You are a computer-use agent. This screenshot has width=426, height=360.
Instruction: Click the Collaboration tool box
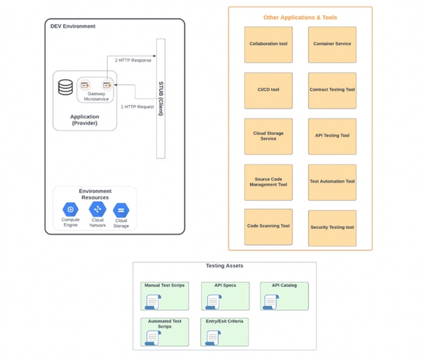click(x=268, y=45)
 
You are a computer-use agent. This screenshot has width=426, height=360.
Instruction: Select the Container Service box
click(x=332, y=45)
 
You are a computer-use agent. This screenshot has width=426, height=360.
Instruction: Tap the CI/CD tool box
click(x=268, y=90)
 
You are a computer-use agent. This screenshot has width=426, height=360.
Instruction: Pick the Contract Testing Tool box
click(x=332, y=90)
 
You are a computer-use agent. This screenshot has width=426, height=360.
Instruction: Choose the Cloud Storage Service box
click(x=268, y=136)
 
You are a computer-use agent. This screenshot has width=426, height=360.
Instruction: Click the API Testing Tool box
click(x=332, y=136)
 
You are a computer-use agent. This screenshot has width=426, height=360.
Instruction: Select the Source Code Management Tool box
click(x=268, y=182)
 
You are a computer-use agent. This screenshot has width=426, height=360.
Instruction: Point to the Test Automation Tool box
click(x=332, y=182)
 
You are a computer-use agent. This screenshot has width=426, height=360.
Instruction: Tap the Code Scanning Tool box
click(x=268, y=227)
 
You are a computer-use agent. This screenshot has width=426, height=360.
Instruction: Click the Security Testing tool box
click(x=332, y=227)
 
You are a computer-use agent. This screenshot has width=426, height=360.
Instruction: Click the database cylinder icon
click(x=66, y=87)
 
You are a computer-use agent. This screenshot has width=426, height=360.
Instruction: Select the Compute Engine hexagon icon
click(x=70, y=210)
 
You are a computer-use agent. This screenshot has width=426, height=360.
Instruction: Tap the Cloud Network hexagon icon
click(x=98, y=210)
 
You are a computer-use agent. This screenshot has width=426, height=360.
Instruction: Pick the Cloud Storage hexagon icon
click(x=122, y=210)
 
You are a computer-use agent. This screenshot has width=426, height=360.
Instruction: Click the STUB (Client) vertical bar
click(x=161, y=97)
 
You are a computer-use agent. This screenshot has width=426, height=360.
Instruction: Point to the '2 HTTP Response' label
click(x=133, y=60)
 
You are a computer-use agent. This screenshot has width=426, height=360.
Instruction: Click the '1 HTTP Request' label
click(x=137, y=107)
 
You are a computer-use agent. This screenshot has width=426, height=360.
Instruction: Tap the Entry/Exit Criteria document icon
click(x=213, y=337)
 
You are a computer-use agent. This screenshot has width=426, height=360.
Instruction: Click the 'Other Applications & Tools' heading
click(x=300, y=17)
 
